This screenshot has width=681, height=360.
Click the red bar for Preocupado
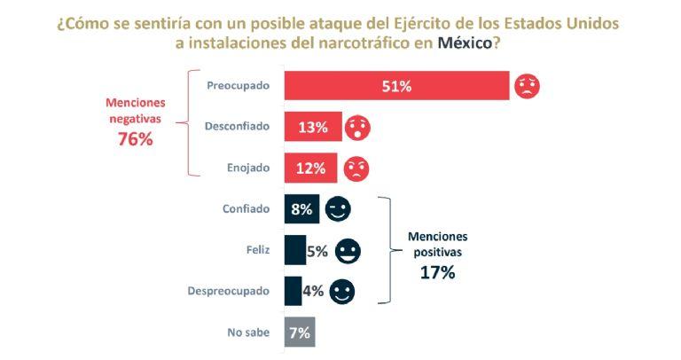(396, 86)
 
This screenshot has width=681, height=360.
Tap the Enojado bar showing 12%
(309, 168)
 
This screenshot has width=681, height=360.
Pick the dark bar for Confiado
(301, 209)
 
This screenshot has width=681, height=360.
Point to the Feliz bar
(294, 251)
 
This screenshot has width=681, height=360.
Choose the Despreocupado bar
(293, 291)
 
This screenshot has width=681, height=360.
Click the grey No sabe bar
(299, 333)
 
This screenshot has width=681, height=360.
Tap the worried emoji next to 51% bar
(526, 86)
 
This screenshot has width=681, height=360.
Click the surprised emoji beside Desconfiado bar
(357, 127)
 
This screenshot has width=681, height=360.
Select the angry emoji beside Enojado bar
(356, 168)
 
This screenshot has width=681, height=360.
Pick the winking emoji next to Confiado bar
(338, 209)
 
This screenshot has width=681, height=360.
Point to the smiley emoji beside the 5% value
(348, 251)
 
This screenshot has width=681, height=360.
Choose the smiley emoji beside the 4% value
(341, 291)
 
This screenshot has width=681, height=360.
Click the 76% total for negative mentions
(136, 138)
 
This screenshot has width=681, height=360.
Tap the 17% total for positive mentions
(437, 273)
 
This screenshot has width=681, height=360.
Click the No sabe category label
(248, 333)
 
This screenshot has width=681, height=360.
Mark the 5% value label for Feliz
(317, 251)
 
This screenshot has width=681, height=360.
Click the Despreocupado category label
(230, 291)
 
